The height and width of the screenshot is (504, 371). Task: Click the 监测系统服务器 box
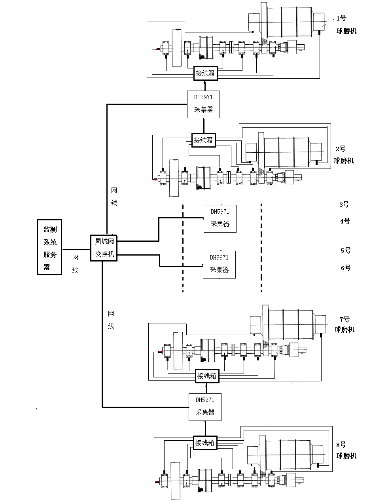point(49,246)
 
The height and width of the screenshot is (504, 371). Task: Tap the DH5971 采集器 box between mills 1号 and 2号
point(203,104)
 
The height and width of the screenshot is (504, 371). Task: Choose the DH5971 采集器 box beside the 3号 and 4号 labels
point(220,218)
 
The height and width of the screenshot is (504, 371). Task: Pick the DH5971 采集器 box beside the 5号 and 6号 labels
point(219,264)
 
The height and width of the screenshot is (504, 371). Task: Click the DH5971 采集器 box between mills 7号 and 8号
point(205,406)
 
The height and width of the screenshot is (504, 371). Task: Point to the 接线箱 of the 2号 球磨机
point(203,140)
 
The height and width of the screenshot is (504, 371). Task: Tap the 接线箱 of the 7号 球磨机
point(207,376)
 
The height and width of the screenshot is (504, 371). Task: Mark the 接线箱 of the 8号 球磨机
point(205,443)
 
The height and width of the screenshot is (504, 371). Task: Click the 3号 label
point(344,205)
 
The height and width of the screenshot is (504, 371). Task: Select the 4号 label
point(345,221)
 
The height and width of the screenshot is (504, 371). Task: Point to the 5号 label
point(345,250)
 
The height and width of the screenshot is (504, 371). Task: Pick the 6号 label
point(345,268)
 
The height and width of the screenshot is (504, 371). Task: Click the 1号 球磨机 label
point(345,25)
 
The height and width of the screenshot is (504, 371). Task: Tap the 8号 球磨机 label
point(346,450)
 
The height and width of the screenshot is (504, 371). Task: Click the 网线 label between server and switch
point(75,264)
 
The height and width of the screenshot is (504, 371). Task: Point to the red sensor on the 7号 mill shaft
point(160,352)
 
